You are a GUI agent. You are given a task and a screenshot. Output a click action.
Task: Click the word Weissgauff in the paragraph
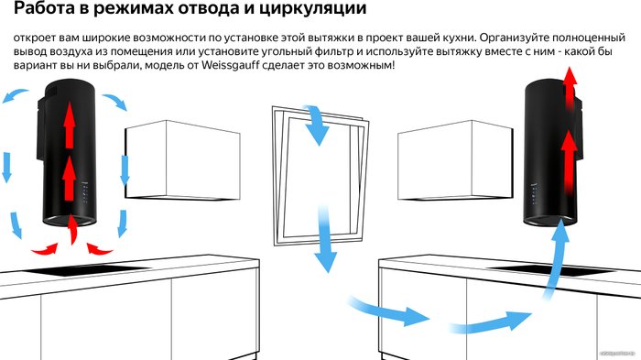pos(231,65)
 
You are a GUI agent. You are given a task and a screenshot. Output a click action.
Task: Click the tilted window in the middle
pos(320,179)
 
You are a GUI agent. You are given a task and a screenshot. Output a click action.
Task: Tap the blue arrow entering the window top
pos(317,125)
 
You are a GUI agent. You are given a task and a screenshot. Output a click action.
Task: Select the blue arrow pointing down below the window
pos(325,239)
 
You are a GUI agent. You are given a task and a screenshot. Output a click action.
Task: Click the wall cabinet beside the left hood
pos(182,160)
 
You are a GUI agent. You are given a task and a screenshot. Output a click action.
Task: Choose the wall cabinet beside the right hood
pos(455,160)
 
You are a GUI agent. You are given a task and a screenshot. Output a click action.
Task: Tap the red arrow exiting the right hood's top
pos(570,88)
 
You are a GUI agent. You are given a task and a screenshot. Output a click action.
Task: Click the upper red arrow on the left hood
pos(70,125)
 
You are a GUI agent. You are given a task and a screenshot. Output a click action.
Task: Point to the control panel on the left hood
pos(85,191)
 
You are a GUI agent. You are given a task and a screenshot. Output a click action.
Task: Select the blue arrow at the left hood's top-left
pos(15,95)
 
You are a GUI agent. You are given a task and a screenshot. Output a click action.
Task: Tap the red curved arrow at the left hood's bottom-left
pos(45,249)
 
